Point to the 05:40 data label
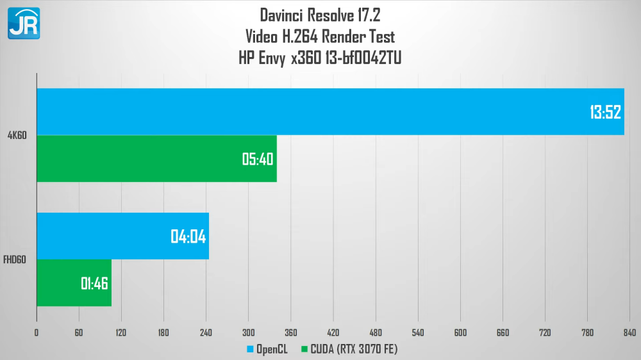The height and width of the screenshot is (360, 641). pyautogui.click(x=258, y=159)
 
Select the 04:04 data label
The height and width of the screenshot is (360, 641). pyautogui.click(x=188, y=236)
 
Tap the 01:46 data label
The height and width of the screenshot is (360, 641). pyautogui.click(x=94, y=283)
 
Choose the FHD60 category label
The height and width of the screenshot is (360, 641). pyautogui.click(x=15, y=259)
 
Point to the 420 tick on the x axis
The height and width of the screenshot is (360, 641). pyautogui.click(x=333, y=332)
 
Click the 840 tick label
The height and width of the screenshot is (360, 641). pyautogui.click(x=629, y=332)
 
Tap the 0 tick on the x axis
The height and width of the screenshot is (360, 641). pyautogui.click(x=37, y=332)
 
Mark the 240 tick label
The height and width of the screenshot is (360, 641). pyautogui.click(x=206, y=332)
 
